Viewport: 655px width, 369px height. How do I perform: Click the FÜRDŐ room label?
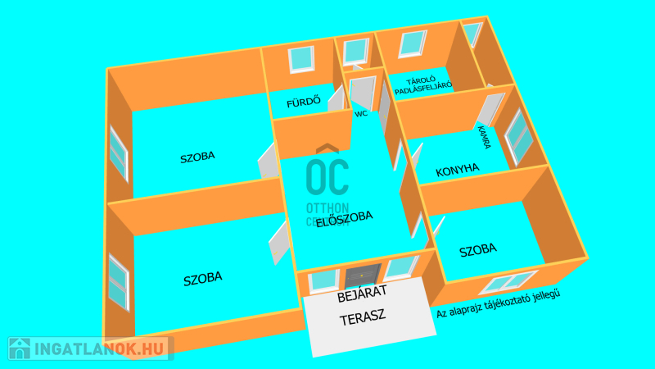click(x=302, y=104)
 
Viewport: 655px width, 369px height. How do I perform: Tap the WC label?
click(x=361, y=114)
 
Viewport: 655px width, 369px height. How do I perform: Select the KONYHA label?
click(x=458, y=170)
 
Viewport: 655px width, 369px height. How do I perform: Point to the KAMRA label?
click(x=485, y=136)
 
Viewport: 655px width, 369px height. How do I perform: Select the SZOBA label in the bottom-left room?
click(x=202, y=279)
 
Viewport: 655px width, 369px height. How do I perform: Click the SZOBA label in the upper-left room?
click(x=198, y=157)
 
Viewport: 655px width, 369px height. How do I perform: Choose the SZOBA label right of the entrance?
click(x=478, y=250)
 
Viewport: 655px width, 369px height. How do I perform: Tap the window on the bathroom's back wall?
click(x=301, y=57)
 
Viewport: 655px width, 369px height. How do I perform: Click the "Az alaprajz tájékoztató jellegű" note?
click(x=503, y=305)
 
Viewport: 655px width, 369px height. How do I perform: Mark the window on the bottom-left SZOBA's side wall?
click(x=120, y=281)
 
